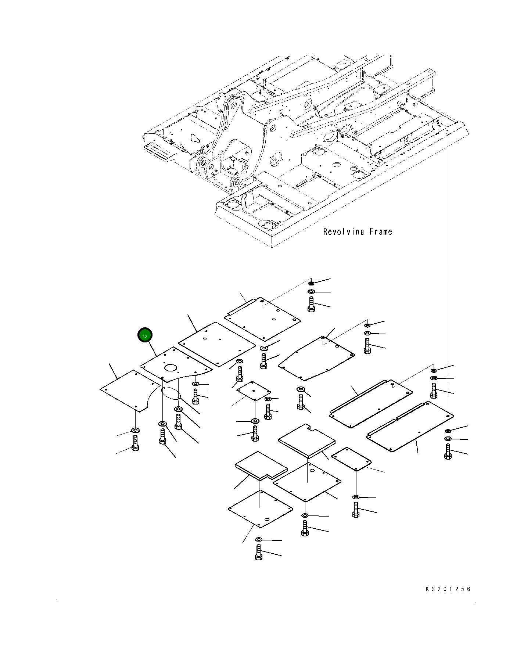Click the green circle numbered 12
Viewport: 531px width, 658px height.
[x=145, y=335]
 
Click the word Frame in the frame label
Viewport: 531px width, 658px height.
[x=381, y=231]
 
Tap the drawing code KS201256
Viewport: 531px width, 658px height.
[x=448, y=589]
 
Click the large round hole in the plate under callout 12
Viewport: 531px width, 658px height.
[x=171, y=367]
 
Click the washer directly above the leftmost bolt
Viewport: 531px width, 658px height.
[x=135, y=430]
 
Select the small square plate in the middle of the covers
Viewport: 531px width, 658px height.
[x=253, y=390]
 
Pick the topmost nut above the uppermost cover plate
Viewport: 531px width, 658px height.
[x=311, y=283]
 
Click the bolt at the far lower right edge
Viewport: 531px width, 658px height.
[x=448, y=452]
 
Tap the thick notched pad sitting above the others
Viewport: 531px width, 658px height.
[x=307, y=440]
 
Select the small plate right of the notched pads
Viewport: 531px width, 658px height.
[x=351, y=459]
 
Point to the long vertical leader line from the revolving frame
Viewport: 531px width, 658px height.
[x=448, y=257]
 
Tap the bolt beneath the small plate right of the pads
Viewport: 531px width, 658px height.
[x=356, y=510]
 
